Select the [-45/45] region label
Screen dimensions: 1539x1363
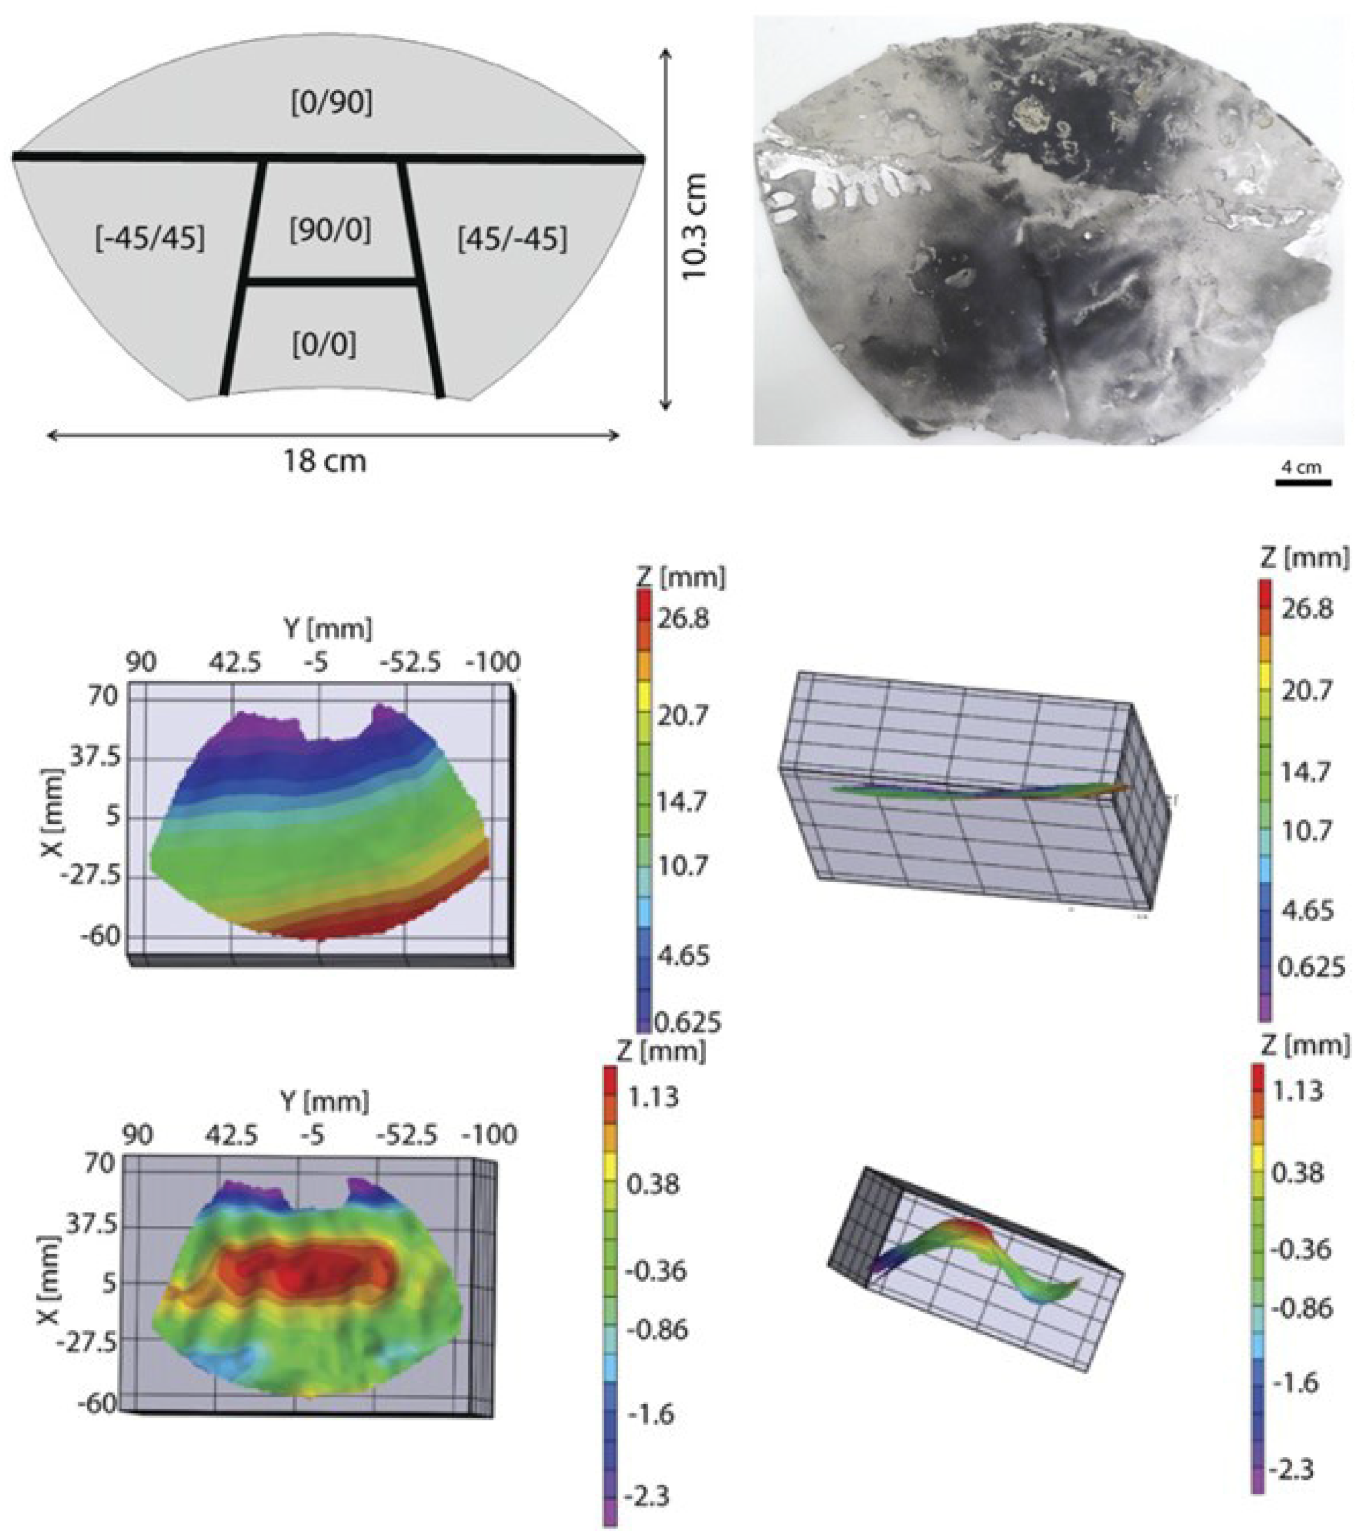(150, 239)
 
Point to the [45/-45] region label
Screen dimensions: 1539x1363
(512, 239)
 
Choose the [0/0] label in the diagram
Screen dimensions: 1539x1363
(324, 345)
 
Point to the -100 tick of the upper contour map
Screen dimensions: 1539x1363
(492, 663)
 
